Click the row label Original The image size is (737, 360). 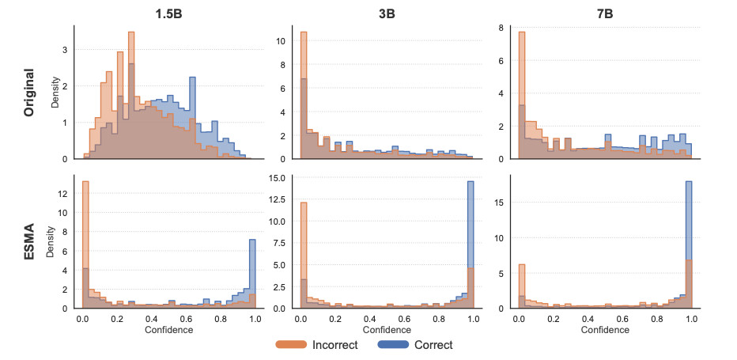click(30, 93)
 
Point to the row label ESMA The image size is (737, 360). click(30, 241)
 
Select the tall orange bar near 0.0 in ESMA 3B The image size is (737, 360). click(304, 253)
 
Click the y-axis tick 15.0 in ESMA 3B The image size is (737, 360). click(278, 178)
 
